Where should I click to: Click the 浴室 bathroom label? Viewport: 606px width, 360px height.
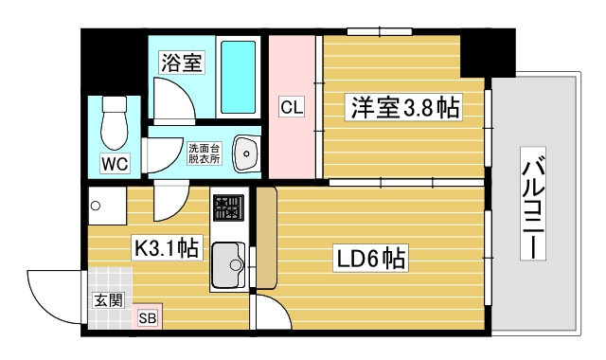[x=181, y=63]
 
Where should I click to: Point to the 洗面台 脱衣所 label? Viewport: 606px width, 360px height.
[x=203, y=153]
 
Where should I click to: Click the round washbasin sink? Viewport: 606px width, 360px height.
[x=246, y=153]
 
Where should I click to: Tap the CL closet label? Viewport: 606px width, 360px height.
[x=291, y=107]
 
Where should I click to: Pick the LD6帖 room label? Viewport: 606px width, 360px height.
[x=368, y=257]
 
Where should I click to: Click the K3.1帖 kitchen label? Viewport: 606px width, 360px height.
[x=165, y=248]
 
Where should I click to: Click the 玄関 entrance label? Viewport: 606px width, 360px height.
[x=106, y=300]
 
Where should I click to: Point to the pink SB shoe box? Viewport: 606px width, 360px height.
[x=148, y=318]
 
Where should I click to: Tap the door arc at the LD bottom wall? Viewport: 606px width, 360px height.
[x=270, y=314]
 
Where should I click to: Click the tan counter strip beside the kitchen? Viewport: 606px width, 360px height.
[x=266, y=237]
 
